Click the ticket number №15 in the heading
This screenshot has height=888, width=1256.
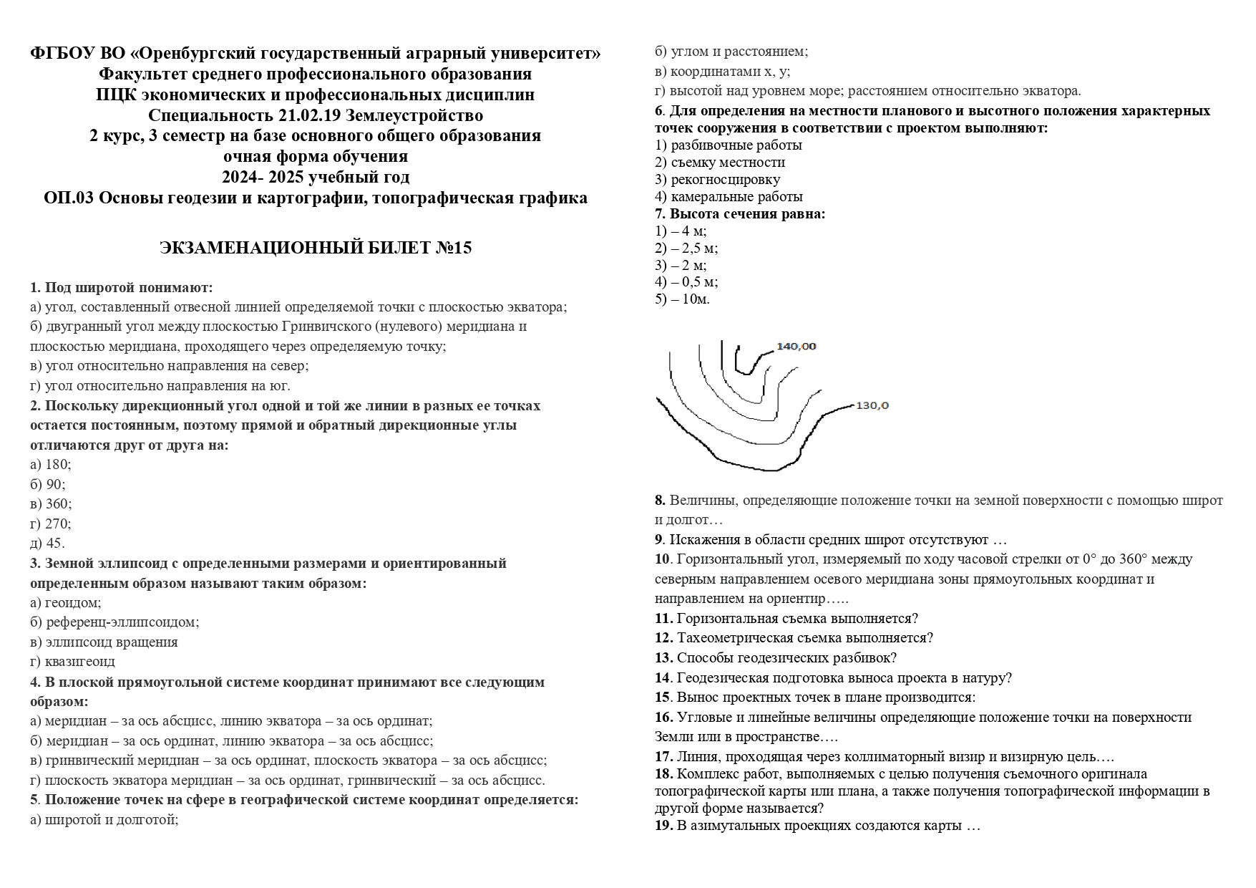453,248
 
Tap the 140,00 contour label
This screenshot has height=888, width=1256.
796,347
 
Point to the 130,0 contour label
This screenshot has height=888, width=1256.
872,405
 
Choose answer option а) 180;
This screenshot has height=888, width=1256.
50,464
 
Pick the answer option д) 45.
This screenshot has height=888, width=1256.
47,543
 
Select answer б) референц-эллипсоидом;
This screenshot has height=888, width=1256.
115,622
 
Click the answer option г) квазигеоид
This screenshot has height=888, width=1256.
72,662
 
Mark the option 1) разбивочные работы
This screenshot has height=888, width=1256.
728,145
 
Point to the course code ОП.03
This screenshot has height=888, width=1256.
69,198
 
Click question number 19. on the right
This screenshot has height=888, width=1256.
663,826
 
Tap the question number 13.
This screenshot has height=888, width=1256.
663,657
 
